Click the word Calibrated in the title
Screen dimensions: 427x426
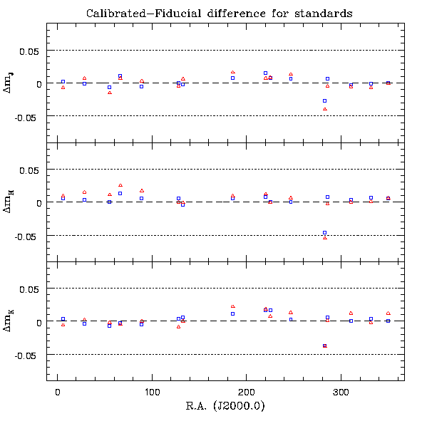click(x=116, y=14)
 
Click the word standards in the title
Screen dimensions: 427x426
click(x=324, y=14)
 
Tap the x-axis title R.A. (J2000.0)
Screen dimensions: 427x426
click(x=225, y=405)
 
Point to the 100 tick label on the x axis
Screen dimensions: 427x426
click(x=152, y=393)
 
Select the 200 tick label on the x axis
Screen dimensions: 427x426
click(x=246, y=393)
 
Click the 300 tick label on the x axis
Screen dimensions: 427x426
click(x=341, y=393)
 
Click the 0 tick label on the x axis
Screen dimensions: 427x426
click(x=58, y=393)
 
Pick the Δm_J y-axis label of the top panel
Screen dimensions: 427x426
click(x=8, y=83)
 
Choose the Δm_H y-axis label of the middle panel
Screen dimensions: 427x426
click(x=8, y=202)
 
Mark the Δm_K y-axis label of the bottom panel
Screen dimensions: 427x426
click(x=8, y=321)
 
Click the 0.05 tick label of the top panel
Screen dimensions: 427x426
click(x=29, y=51)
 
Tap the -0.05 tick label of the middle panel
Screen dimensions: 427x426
click(x=26, y=237)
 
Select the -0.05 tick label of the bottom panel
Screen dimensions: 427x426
click(x=26, y=355)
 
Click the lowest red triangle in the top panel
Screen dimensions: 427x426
click(x=325, y=109)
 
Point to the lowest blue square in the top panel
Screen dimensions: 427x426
click(x=324, y=100)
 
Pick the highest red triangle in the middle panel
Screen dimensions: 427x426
click(x=120, y=185)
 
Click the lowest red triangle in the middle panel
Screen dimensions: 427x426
click(x=325, y=238)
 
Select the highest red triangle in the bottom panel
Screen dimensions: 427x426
click(x=233, y=306)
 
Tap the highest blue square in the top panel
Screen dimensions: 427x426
click(x=265, y=73)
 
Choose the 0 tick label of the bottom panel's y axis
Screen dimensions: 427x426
click(x=39, y=323)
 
